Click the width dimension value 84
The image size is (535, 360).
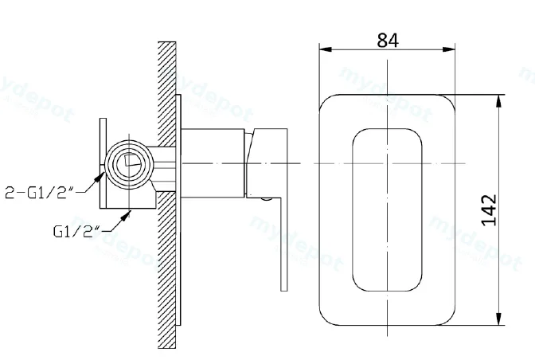point(388,41)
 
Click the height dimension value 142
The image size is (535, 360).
point(489,209)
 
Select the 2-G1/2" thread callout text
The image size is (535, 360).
point(40,193)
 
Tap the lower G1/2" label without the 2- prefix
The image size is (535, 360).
point(77,231)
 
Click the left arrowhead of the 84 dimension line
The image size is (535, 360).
point(325,49)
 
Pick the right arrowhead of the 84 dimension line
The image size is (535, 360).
point(449,49)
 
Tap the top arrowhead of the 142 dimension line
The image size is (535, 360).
point(499,100)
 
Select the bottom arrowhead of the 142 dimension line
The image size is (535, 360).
point(499,319)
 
